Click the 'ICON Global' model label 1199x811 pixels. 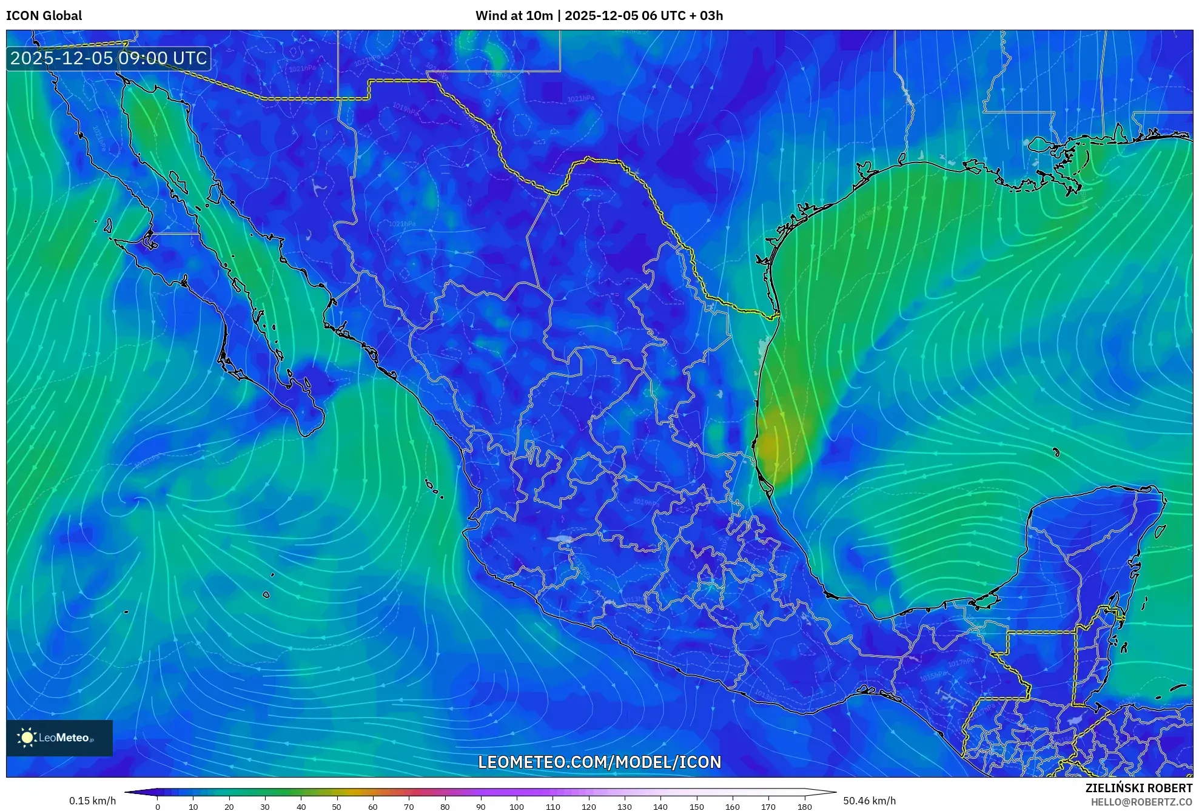click(44, 16)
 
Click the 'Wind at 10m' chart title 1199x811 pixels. click(514, 16)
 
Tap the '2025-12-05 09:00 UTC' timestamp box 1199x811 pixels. click(109, 58)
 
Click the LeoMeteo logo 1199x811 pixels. click(59, 738)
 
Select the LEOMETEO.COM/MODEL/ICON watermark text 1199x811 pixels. click(599, 762)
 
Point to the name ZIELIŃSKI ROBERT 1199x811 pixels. click(1138, 788)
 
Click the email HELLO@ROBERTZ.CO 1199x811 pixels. click(1141, 802)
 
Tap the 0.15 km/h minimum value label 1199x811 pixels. click(92, 801)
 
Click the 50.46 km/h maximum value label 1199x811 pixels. click(869, 801)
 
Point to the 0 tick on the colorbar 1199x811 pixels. click(158, 806)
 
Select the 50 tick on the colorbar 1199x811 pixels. click(337, 806)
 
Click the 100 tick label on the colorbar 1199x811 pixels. click(516, 806)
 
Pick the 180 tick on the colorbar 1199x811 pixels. click(804, 806)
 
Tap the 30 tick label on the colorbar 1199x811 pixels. click(265, 806)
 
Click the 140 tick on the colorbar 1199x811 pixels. click(660, 806)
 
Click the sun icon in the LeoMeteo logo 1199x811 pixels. click(27, 738)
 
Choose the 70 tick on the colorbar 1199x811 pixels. click(409, 806)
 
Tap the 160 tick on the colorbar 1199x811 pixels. click(732, 806)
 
